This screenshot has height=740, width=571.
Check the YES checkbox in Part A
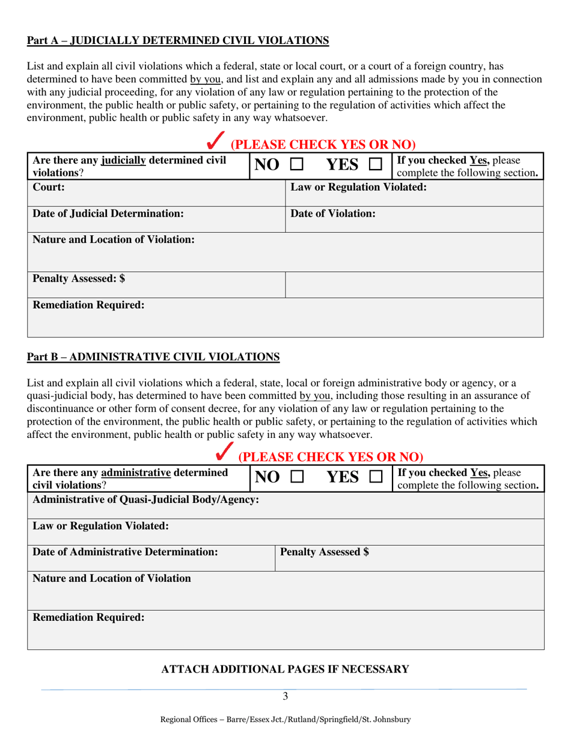pyautogui.click(x=375, y=164)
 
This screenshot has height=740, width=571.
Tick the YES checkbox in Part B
pyautogui.click(x=375, y=477)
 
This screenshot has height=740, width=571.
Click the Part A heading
pyautogui.click(x=178, y=41)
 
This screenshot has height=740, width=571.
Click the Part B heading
pyautogui.click(x=153, y=357)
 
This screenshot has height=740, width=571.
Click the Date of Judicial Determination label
pyautogui.click(x=108, y=214)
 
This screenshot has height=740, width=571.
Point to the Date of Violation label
pyautogui.click(x=333, y=214)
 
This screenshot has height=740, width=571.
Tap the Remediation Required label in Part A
pyautogui.click(x=88, y=305)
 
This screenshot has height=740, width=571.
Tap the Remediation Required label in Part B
pyautogui.click(x=88, y=617)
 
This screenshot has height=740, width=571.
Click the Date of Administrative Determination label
pyautogui.click(x=125, y=551)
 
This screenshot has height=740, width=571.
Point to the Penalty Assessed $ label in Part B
pyautogui.click(x=325, y=551)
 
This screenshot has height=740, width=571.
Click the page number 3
pyautogui.click(x=285, y=697)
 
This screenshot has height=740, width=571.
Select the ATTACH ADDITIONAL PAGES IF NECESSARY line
pyautogui.click(x=285, y=669)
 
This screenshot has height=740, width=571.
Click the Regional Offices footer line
pyautogui.click(x=285, y=720)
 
